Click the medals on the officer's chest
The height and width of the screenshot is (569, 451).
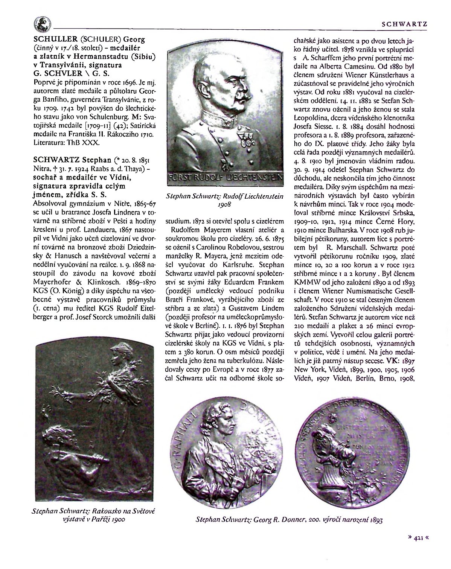(247, 140)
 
